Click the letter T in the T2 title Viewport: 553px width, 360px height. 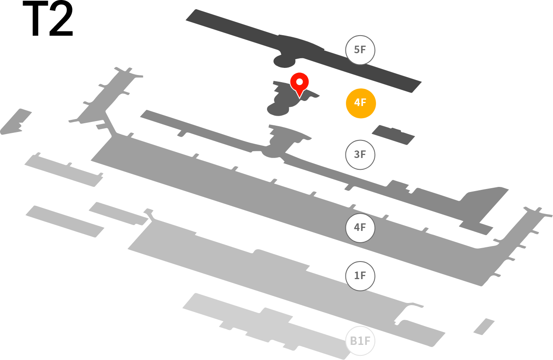[35, 18]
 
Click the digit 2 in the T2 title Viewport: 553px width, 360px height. [61, 18]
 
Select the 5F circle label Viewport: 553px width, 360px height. [360, 50]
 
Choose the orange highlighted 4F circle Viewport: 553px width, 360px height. [361, 103]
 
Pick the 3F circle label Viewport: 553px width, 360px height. [360, 155]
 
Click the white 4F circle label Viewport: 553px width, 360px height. [360, 228]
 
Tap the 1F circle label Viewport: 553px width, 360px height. [360, 276]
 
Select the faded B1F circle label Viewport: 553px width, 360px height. [360, 341]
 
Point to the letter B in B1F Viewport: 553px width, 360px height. [353, 341]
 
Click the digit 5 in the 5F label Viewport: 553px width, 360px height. [357, 50]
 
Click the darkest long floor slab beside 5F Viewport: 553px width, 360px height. [304, 51]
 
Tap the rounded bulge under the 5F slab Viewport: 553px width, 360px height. [284, 62]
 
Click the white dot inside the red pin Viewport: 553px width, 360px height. [299, 82]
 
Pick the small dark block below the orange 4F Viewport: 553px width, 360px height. [393, 135]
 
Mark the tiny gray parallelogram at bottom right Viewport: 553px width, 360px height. [484, 327]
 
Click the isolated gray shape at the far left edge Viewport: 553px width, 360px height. [16, 122]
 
